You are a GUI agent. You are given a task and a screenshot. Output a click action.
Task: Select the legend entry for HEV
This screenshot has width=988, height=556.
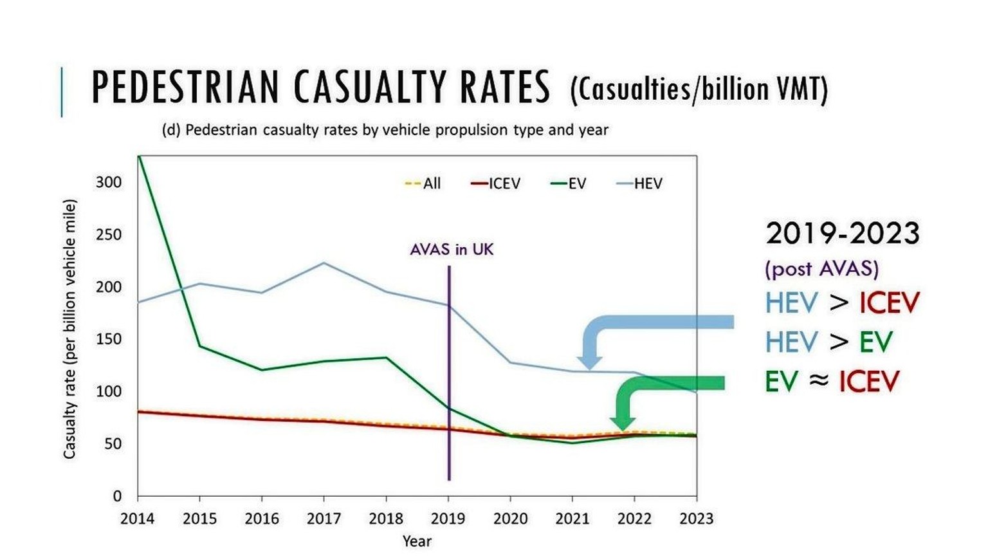tap(639, 183)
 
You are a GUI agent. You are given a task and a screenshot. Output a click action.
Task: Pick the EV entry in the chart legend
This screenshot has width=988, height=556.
tap(569, 183)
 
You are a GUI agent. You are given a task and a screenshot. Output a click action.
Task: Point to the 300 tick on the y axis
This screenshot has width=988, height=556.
tap(109, 182)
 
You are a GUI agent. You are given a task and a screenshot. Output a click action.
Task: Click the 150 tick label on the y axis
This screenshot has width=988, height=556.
tap(109, 339)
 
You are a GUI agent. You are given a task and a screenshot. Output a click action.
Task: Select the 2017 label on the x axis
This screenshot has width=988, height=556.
tap(324, 519)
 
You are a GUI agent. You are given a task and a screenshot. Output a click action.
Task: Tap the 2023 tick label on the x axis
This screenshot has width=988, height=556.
tap(697, 519)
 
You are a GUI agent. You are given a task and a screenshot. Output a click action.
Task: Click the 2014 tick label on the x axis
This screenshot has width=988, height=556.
tap(138, 519)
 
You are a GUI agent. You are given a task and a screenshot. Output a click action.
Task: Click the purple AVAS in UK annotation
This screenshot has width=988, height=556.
tap(452, 250)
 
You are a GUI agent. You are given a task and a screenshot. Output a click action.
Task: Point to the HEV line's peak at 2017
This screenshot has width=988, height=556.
tap(324, 263)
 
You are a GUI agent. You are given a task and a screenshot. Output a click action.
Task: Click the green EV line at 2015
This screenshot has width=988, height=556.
tap(199, 346)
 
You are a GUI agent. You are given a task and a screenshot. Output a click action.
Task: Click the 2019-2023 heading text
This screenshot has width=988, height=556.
tap(843, 233)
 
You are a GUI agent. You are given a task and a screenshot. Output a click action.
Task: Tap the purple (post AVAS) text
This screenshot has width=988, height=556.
tap(821, 268)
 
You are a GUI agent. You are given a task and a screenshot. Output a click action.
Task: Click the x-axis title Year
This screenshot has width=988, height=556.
tap(417, 541)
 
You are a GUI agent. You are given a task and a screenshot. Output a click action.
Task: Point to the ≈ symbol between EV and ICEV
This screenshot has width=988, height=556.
tap(818, 380)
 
